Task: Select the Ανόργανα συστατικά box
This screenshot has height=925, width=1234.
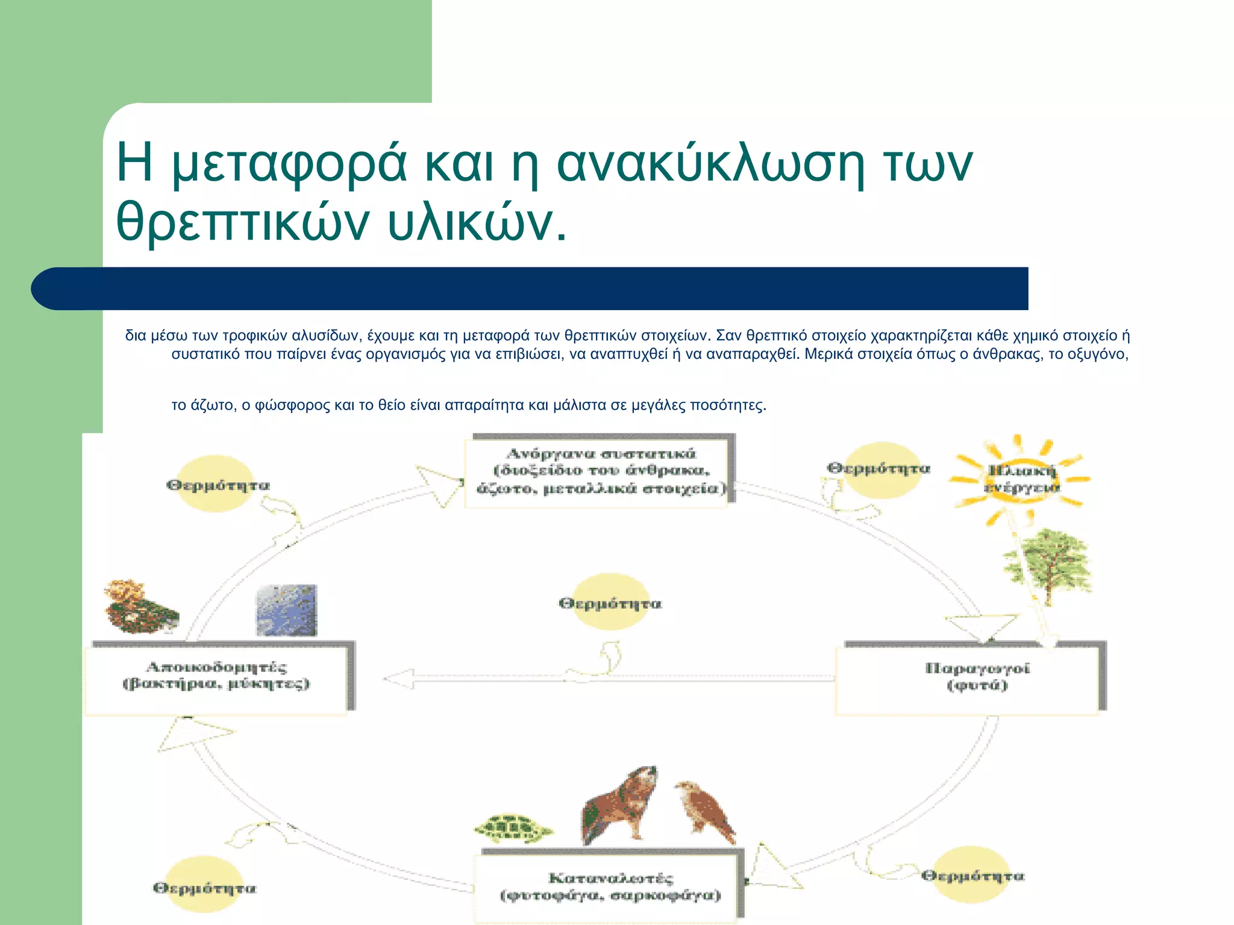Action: tap(600, 472)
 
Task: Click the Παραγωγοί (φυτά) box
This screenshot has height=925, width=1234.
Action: tap(971, 677)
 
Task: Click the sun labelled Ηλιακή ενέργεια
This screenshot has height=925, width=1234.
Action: tap(1020, 479)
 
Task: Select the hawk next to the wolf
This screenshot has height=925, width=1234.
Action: tap(706, 811)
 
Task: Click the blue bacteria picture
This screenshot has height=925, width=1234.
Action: tap(286, 610)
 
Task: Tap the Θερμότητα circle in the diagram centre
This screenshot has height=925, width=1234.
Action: tap(610, 602)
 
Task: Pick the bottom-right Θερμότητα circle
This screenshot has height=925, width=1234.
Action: tap(972, 875)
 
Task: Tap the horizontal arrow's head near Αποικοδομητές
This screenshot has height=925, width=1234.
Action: tap(398, 679)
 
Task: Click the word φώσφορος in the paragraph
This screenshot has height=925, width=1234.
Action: tap(292, 405)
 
